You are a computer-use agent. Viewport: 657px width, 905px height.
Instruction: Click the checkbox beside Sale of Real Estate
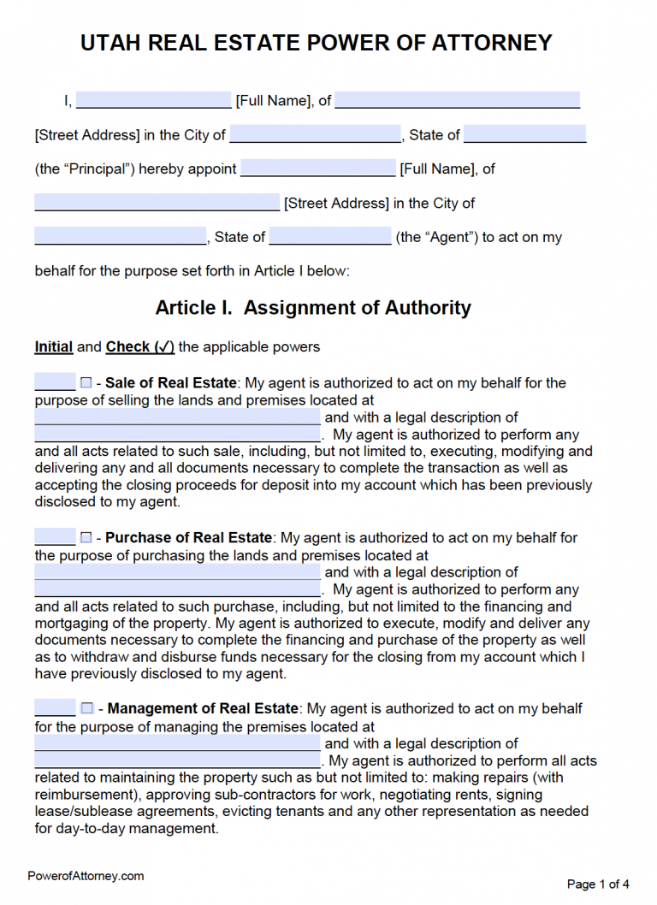tap(86, 383)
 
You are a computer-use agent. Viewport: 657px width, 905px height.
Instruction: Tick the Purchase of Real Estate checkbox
tap(86, 538)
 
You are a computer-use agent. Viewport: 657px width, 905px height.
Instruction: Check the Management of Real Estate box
tap(86, 709)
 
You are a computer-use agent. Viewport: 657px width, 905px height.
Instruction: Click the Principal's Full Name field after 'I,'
tap(154, 100)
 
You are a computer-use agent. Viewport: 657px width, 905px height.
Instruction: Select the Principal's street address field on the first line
tap(458, 100)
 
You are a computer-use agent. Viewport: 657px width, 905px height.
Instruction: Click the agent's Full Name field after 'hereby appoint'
tap(318, 169)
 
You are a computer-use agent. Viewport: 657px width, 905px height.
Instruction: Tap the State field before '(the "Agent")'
tap(330, 237)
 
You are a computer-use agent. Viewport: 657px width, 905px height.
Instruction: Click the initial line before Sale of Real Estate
tap(55, 383)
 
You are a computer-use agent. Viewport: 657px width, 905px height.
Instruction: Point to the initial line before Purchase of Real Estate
tap(55, 538)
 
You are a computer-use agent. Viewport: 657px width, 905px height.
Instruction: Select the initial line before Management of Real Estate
tap(55, 709)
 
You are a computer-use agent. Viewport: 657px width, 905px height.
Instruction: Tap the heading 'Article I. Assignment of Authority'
tap(313, 308)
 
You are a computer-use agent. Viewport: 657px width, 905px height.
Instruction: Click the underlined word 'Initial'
tap(53, 347)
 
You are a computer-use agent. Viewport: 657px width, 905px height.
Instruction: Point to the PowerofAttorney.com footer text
tap(86, 876)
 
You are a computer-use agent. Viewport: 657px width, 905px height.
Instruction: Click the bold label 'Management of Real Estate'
tap(203, 709)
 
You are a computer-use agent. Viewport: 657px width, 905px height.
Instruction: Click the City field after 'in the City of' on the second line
tap(316, 134)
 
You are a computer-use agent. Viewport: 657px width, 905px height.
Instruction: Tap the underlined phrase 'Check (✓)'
tap(140, 347)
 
